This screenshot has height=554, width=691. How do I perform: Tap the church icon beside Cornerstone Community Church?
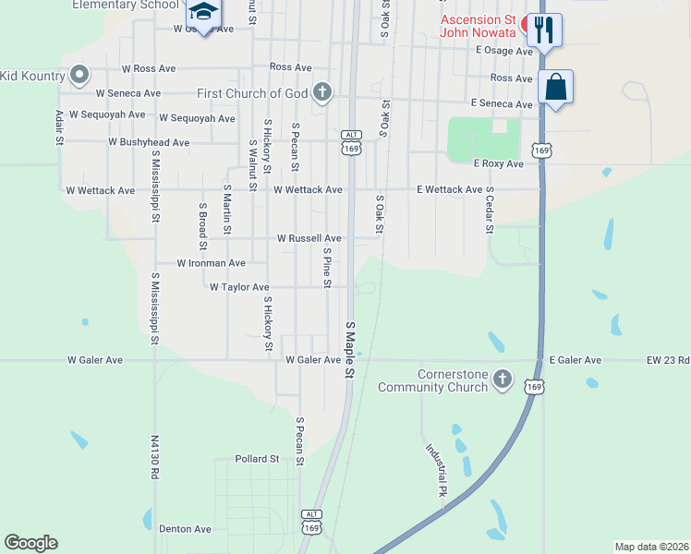[x=502, y=379]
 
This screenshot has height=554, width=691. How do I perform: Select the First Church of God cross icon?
[x=321, y=92]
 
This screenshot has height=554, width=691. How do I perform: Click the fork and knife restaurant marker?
[x=544, y=30]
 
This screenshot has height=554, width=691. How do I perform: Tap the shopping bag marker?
[x=555, y=88]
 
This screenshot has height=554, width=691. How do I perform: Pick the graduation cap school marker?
[x=203, y=13]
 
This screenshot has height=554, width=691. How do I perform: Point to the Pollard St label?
[x=257, y=459]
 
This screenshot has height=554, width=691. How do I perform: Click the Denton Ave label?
[x=185, y=529]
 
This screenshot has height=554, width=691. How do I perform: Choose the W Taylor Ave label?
[x=238, y=287]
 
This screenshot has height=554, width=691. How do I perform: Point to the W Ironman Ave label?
[x=212, y=263]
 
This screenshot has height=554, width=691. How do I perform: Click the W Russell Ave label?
[x=309, y=238]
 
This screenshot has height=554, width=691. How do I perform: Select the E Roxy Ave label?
[x=498, y=164]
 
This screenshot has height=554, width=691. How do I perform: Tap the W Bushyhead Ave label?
[x=148, y=143]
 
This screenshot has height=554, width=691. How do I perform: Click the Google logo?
[x=30, y=543]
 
